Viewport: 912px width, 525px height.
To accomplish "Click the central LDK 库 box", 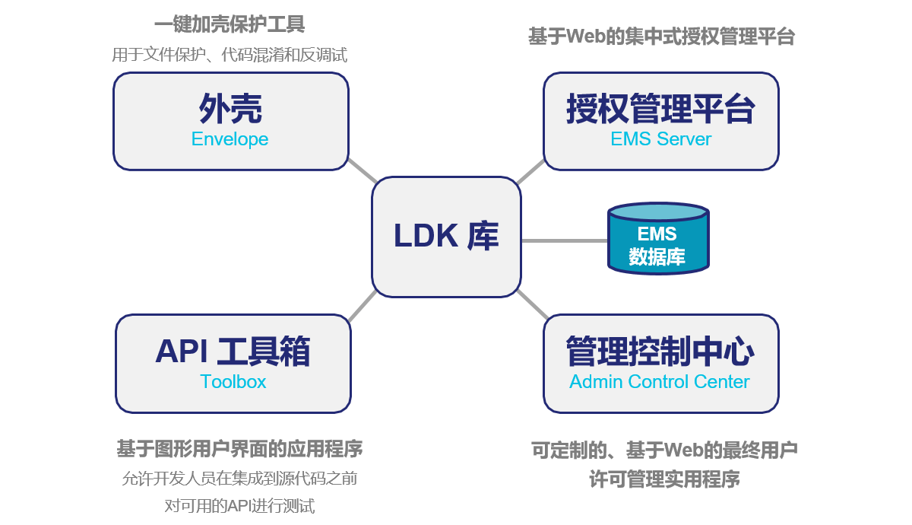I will pyautogui.click(x=446, y=237).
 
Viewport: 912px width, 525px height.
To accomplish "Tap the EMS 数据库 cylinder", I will pyautogui.click(x=657, y=240).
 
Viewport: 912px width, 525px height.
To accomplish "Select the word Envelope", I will pyautogui.click(x=230, y=139).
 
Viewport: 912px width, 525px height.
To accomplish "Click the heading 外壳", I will pyautogui.click(x=230, y=110).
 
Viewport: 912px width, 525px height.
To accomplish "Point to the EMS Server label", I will pyautogui.click(x=660, y=139).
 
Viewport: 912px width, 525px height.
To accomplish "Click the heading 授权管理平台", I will pyautogui.click(x=660, y=110).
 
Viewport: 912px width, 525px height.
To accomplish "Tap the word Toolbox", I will pyautogui.click(x=233, y=381).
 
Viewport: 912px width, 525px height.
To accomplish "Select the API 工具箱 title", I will pyautogui.click(x=233, y=352).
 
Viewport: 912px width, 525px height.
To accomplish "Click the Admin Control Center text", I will pyautogui.click(x=660, y=381).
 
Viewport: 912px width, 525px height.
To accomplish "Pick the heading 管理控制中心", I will pyautogui.click(x=660, y=352).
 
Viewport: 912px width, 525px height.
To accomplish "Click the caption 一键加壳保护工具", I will pyautogui.click(x=230, y=25).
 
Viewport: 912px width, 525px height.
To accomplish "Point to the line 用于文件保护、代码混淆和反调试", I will pyautogui.click(x=230, y=55).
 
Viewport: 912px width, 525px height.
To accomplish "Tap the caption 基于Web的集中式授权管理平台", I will pyautogui.click(x=661, y=37).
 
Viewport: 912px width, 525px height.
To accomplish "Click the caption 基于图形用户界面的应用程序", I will pyautogui.click(x=239, y=449).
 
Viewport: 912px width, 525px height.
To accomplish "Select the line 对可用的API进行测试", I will pyautogui.click(x=239, y=506).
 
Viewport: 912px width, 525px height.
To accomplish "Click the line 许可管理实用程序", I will pyautogui.click(x=664, y=480).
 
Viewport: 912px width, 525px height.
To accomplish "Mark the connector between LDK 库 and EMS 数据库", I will pyautogui.click(x=565, y=240).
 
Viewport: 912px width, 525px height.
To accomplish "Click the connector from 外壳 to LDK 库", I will pyautogui.click(x=363, y=171).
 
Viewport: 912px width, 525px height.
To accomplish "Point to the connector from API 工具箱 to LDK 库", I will pyautogui.click(x=362, y=304).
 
